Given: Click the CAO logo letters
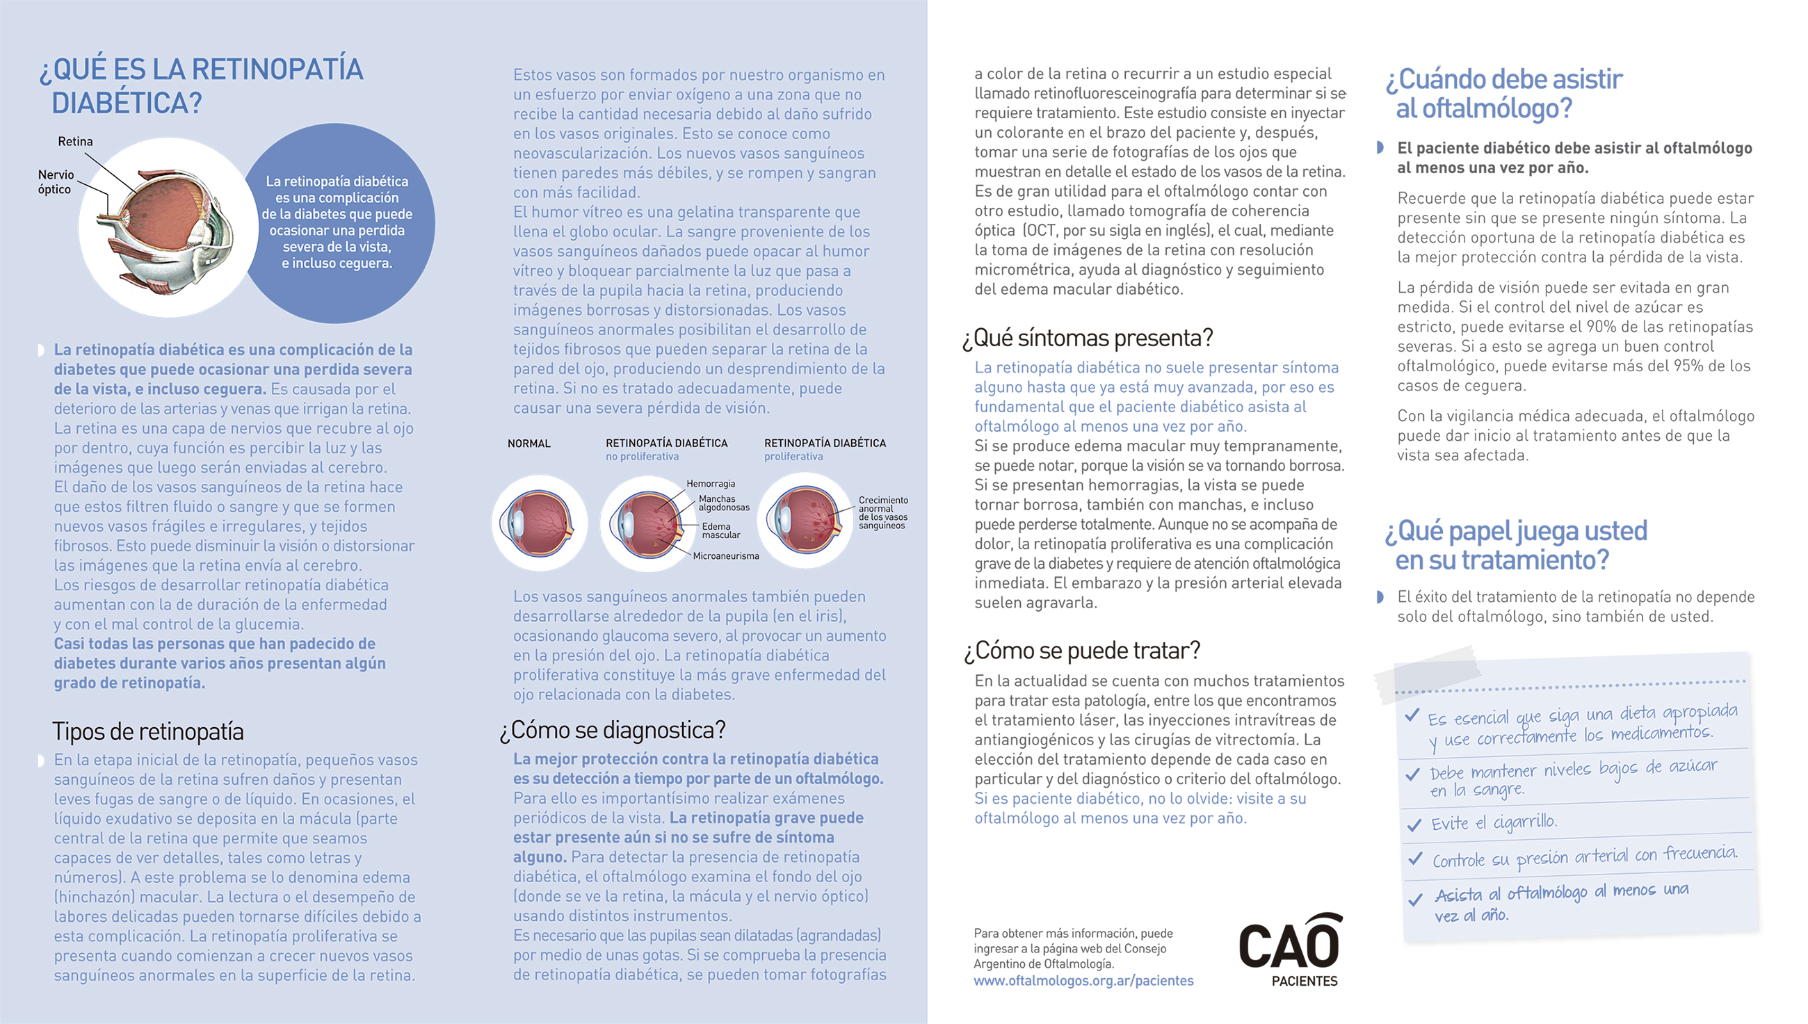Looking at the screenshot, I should [x=1289, y=945].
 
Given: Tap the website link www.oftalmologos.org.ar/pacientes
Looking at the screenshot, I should [x=1083, y=980].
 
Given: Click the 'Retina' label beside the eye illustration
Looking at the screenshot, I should [x=74, y=141].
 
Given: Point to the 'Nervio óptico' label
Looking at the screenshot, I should [x=55, y=181].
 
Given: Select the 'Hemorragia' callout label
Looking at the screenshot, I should [x=711, y=484].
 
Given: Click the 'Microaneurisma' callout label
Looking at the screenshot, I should [x=725, y=556].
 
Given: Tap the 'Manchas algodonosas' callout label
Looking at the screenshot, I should [x=723, y=503].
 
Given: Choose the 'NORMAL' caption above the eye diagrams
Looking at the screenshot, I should [x=529, y=443].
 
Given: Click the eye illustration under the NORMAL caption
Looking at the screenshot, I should [x=540, y=523].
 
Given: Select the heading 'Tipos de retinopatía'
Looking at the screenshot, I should [x=147, y=731].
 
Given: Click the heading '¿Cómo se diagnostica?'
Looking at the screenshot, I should [x=612, y=730].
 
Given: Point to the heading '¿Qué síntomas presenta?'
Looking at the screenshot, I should [x=1088, y=339].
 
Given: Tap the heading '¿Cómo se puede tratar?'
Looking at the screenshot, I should [x=1081, y=651].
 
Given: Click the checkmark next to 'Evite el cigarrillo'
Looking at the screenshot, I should [x=1413, y=824].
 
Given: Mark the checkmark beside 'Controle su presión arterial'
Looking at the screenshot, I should [x=1414, y=859].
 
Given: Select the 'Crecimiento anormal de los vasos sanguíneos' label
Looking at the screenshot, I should [x=882, y=513].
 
